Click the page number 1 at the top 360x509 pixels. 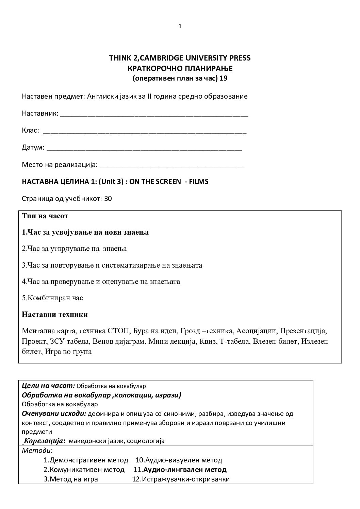(x=180, y=27)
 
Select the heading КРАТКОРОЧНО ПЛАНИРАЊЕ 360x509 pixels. (x=180, y=68)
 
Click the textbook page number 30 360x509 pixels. (x=108, y=199)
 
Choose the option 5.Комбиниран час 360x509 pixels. (x=52, y=298)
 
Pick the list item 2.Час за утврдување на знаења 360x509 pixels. (x=74, y=249)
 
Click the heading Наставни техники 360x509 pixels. (x=55, y=315)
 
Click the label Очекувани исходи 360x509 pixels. (x=53, y=414)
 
